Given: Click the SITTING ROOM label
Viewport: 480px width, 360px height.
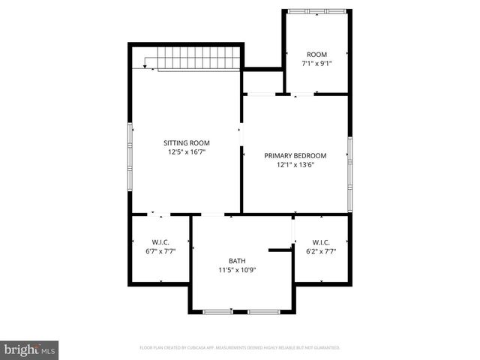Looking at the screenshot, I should click(x=187, y=142).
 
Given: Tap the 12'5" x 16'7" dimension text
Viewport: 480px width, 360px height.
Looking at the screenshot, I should click(x=187, y=151).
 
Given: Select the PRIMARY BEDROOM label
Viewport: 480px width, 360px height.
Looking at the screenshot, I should click(x=294, y=156).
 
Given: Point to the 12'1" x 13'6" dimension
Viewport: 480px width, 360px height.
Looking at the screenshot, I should click(x=294, y=165).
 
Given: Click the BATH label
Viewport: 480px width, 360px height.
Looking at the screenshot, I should click(x=237, y=260).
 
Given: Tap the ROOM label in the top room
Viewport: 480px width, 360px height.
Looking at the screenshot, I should click(x=316, y=54).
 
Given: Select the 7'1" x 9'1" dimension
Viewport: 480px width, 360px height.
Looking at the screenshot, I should click(x=316, y=64).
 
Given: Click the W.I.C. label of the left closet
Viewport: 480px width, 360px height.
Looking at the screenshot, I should click(x=160, y=241).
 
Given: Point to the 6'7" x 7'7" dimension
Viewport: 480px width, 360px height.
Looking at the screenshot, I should click(x=160, y=251).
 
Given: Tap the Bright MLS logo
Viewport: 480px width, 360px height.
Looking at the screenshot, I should click(x=29, y=349).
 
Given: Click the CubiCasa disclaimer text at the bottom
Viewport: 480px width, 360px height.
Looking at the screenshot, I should click(x=240, y=348).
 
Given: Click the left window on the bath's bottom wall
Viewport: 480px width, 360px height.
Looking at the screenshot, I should click(x=217, y=311).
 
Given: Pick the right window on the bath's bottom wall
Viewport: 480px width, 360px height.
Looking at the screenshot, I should click(x=263, y=311).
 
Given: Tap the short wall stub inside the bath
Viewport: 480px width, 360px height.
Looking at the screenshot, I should click(x=280, y=249).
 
